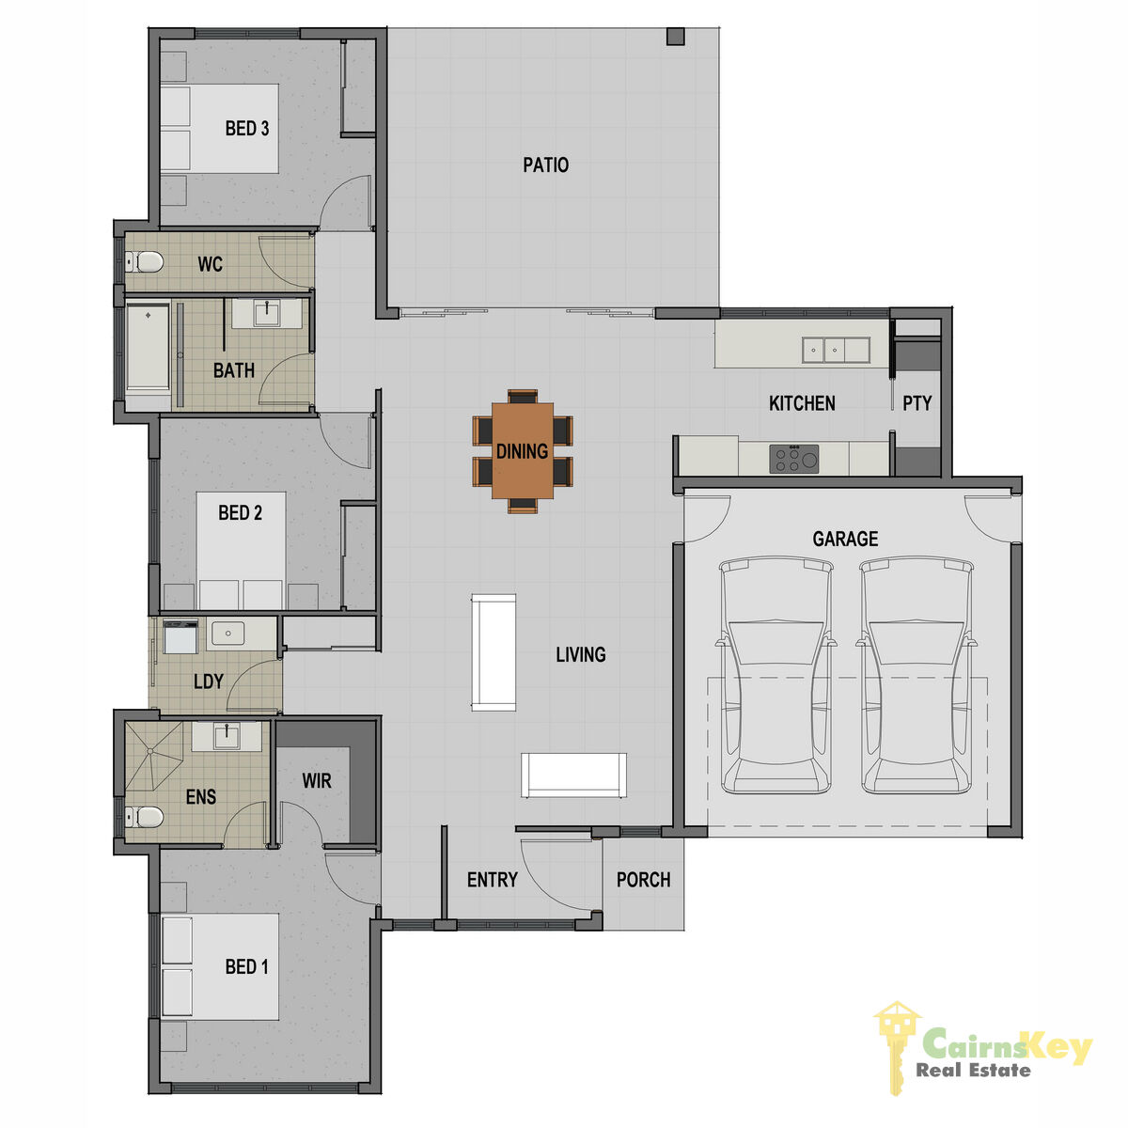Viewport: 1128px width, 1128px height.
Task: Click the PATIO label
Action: [x=545, y=164]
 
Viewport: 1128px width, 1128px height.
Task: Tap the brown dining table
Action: [x=522, y=450]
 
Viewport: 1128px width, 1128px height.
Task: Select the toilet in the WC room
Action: [x=144, y=261]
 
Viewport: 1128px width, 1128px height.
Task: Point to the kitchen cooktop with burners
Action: [x=793, y=459]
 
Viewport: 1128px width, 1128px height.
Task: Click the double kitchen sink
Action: [x=836, y=350]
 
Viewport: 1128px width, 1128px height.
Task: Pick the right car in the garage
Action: [x=916, y=676]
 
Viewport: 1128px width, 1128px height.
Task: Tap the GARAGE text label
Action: [x=845, y=539]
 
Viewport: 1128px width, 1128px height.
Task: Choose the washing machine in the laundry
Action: [x=180, y=637]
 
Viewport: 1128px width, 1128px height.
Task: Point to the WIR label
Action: [x=317, y=780]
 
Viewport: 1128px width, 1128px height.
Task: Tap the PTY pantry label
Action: [x=916, y=403]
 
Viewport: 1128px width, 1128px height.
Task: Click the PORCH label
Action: [x=643, y=880]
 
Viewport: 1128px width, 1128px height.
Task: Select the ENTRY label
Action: [x=493, y=880]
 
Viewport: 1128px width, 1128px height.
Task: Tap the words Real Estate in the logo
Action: [x=973, y=1071]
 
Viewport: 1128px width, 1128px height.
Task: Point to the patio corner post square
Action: [x=676, y=37]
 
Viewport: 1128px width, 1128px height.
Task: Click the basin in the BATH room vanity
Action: [x=267, y=314]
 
